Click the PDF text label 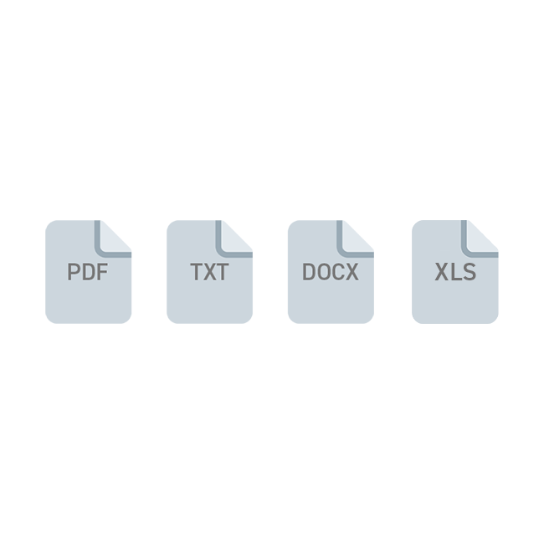tap(87, 272)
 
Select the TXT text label tap(209, 272)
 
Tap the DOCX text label tap(331, 272)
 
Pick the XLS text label tap(455, 272)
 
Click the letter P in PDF tap(74, 272)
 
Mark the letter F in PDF tap(103, 272)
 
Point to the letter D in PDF tap(89, 272)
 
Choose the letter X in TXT tap(209, 272)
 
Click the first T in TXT tap(197, 272)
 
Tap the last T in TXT tap(223, 272)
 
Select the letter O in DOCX tap(323, 272)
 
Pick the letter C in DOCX tap(338, 272)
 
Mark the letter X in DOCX tap(352, 272)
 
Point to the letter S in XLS tap(470, 272)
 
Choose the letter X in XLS tap(442, 272)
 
